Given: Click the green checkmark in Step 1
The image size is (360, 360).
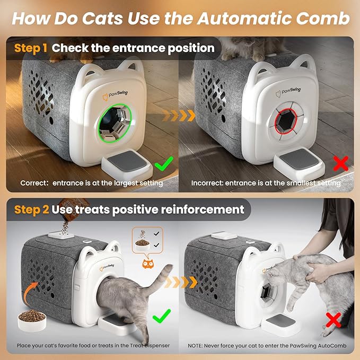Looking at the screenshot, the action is [x=163, y=163].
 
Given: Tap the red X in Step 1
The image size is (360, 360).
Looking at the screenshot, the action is [x=341, y=163].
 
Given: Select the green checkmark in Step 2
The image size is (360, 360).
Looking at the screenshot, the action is [x=161, y=316].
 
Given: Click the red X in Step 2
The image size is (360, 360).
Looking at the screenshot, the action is [x=333, y=320].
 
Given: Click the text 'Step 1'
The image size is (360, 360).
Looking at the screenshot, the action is [x=31, y=48].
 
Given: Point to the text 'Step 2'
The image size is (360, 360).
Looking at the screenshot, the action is [x=31, y=209].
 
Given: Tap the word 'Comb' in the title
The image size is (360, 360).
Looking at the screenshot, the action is [x=322, y=19].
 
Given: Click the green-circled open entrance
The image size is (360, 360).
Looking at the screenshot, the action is [x=115, y=124].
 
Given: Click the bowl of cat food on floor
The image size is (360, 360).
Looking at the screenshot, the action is [x=32, y=320].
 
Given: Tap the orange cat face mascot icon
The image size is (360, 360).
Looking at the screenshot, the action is [x=147, y=264].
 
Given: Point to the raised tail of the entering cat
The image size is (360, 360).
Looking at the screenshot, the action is [x=161, y=279].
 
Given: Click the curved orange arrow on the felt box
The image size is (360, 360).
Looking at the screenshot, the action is [x=29, y=292].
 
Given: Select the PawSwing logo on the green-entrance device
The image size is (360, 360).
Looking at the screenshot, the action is [x=115, y=95].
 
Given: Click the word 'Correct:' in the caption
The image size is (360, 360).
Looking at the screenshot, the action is [x=34, y=183].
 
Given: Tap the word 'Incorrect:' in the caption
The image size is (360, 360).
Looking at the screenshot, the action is [x=207, y=183].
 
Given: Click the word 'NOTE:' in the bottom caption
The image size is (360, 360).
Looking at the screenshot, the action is [x=195, y=346].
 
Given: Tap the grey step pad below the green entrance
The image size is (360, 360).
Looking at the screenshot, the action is [x=127, y=161].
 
